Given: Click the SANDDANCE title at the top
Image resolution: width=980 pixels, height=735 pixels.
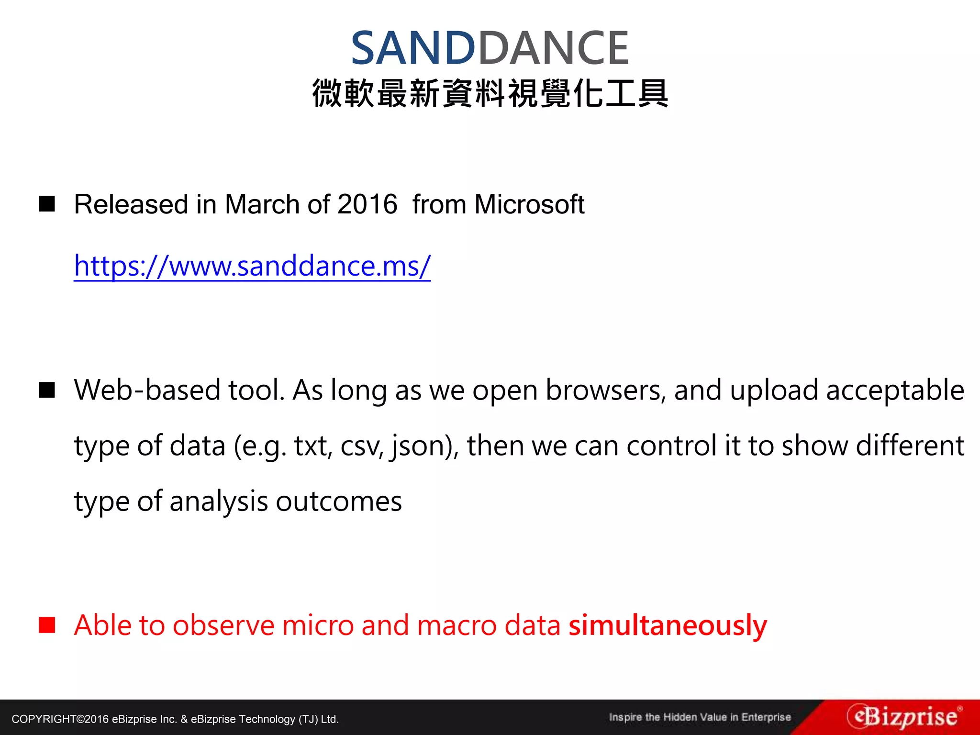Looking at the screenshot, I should (490, 48).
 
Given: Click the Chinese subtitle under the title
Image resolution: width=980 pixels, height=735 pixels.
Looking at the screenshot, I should (490, 93).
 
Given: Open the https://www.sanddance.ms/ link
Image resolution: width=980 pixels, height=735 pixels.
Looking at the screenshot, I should (252, 266).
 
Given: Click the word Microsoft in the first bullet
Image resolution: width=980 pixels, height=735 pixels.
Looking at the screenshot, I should (529, 205).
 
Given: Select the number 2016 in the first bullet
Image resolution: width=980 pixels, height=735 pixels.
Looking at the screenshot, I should (367, 205).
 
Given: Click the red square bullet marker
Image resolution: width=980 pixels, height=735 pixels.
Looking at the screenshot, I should (47, 625).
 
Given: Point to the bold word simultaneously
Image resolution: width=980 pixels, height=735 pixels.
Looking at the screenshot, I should (668, 626).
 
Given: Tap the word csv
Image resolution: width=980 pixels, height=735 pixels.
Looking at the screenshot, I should (361, 446).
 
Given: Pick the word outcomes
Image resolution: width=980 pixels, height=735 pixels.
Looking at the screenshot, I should (339, 501).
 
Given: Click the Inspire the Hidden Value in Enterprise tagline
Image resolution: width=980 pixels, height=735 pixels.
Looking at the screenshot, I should (700, 717).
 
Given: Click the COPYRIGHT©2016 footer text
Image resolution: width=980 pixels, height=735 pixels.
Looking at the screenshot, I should (175, 719).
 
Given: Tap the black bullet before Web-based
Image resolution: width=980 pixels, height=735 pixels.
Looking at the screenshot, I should (47, 390).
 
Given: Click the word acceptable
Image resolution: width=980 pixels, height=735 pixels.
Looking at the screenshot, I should (895, 390).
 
